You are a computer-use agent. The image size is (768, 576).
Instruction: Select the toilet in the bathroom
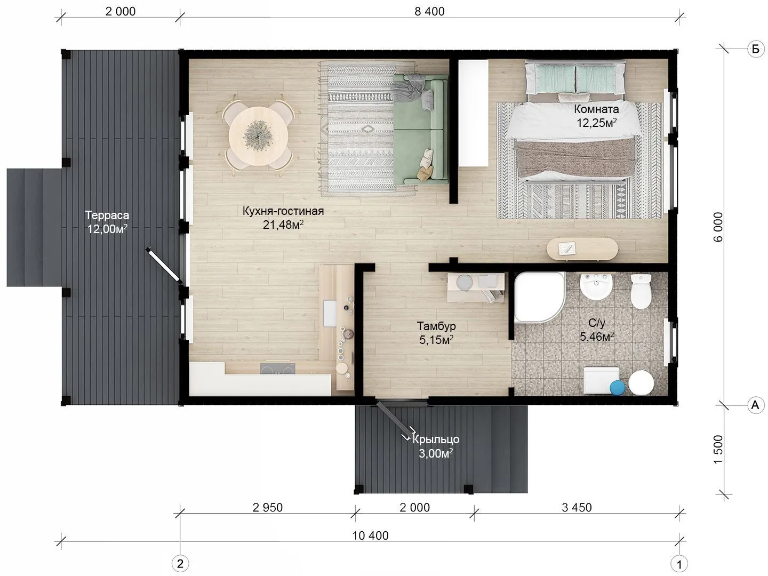pyautogui.click(x=641, y=291)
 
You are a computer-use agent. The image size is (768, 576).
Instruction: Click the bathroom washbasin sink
pyautogui.click(x=596, y=286)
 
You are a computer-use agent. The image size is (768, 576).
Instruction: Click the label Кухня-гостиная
pyautogui.click(x=283, y=211)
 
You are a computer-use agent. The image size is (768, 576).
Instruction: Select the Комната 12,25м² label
pyautogui.click(x=596, y=116)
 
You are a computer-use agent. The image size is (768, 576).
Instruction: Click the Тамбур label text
pyautogui.click(x=436, y=326)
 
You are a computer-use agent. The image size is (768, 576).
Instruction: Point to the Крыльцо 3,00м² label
pyautogui.click(x=436, y=446)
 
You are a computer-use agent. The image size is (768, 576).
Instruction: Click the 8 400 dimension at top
pyautogui.click(x=429, y=12)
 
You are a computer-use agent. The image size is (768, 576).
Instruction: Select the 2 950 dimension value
pyautogui.click(x=267, y=507)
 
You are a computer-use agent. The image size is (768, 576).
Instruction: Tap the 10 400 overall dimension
pyautogui.click(x=370, y=536)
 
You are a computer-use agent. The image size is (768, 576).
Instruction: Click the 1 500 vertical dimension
pyautogui.click(x=718, y=450)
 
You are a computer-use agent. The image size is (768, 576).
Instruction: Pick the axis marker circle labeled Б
pyautogui.click(x=755, y=49)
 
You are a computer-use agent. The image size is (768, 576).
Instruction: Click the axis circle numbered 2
pyautogui.click(x=180, y=564)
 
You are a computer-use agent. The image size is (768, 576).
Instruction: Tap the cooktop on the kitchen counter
pyautogui.click(x=277, y=369)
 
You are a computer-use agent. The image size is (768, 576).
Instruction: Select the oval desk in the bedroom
pyautogui.click(x=582, y=249)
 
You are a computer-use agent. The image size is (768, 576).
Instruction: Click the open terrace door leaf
pyautogui.click(x=164, y=265)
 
